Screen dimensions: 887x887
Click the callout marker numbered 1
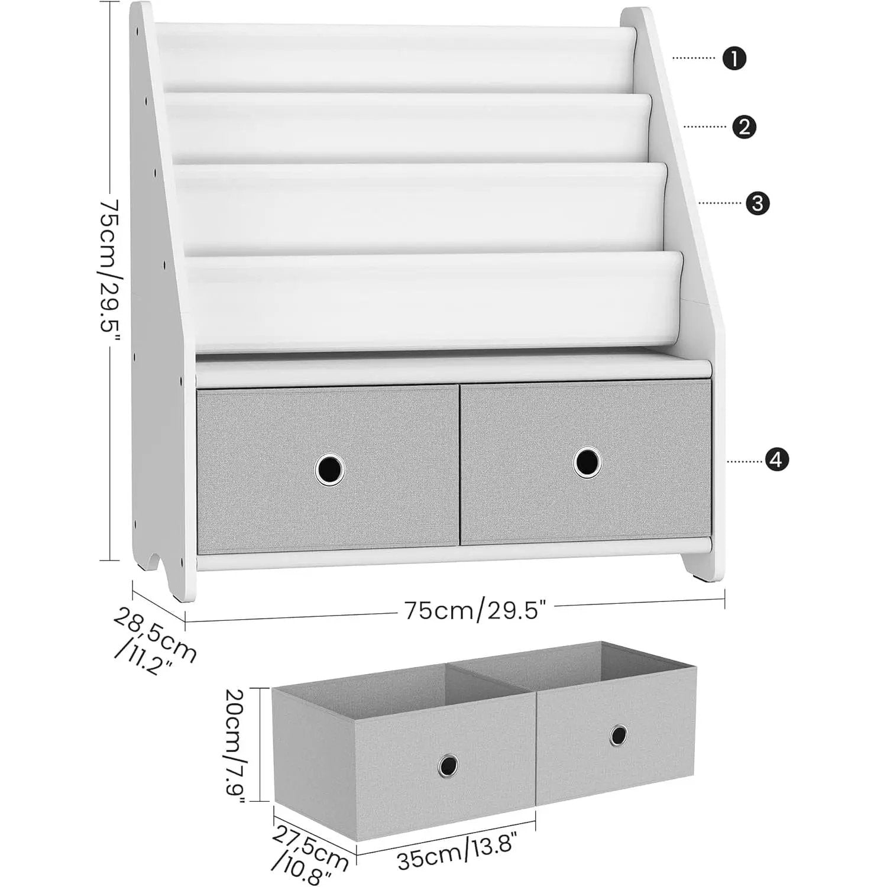pyautogui.click(x=734, y=59)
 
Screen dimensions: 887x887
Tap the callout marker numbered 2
pyautogui.click(x=744, y=127)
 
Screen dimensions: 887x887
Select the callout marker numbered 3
pyautogui.click(x=758, y=203)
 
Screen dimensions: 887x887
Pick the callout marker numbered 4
pyautogui.click(x=776, y=459)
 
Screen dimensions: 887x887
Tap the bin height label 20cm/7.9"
pyautogui.click(x=235, y=744)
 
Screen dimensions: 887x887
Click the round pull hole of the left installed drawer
pyautogui.click(x=329, y=470)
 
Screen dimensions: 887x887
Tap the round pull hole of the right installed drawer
pyautogui.click(x=587, y=462)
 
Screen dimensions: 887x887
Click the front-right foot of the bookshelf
pyautogui.click(x=704, y=571)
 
